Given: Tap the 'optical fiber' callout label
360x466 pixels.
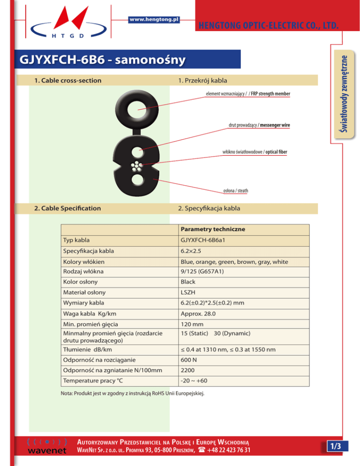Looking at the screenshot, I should click(x=256, y=152).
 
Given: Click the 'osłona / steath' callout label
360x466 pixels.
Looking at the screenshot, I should click(x=235, y=190).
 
